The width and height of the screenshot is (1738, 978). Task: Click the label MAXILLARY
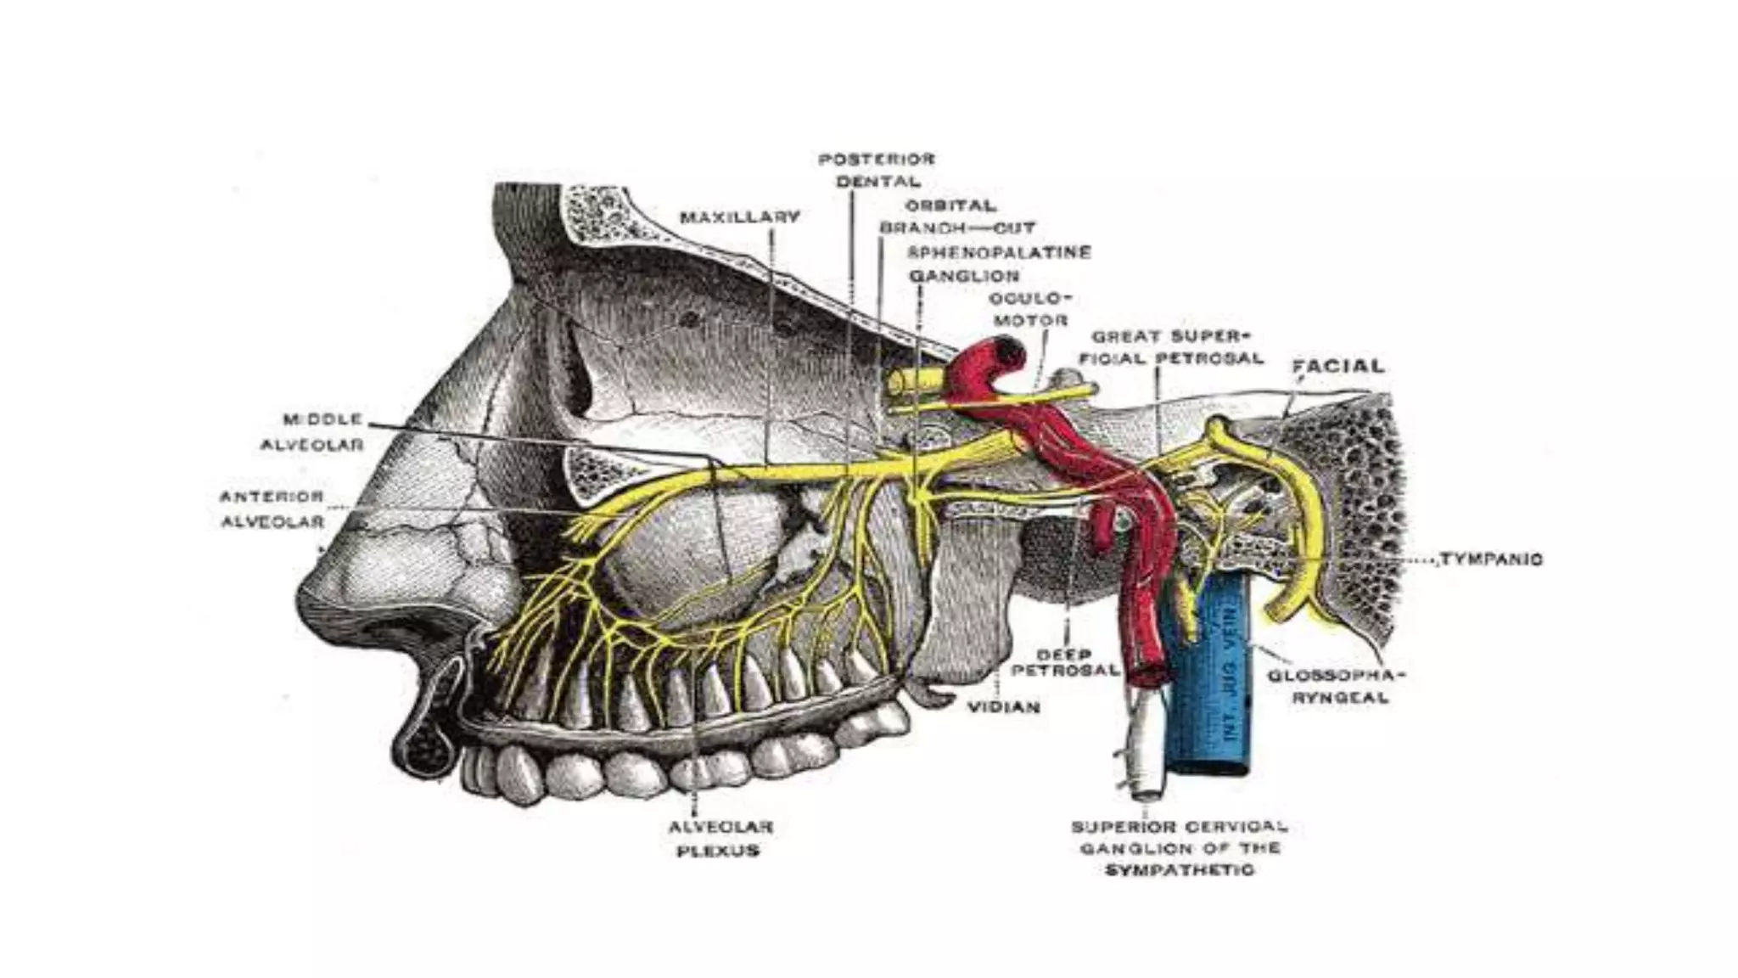[x=739, y=217]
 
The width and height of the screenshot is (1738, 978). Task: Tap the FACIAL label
[x=1337, y=367]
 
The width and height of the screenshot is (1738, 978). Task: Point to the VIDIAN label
[x=1004, y=706]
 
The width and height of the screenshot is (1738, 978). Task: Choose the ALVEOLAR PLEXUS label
[x=720, y=838]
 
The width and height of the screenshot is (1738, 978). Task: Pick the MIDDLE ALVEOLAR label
[x=312, y=432]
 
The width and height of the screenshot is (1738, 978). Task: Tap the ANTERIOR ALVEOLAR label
[x=272, y=509]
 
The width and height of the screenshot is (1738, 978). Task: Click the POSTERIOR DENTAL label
[x=877, y=170]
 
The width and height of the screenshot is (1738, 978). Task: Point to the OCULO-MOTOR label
[x=1029, y=310]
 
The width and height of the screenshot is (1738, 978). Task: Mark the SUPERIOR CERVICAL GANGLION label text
[x=1180, y=837]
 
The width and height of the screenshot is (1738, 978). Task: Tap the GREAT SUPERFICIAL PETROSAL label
[x=1171, y=346]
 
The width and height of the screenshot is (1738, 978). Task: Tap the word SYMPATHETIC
[x=1180, y=870]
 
